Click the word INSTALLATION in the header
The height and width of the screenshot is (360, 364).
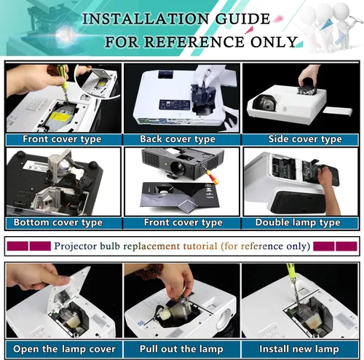point(146,19)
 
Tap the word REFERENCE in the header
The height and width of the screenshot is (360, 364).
point(194,42)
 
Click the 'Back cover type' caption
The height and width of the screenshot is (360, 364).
point(178,139)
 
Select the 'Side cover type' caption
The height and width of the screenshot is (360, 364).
point(305,139)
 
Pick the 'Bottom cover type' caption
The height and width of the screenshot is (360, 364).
point(58,222)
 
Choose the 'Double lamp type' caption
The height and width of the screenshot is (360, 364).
point(298,222)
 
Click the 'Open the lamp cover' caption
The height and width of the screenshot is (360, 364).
point(64,349)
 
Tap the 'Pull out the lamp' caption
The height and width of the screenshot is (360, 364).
point(181,349)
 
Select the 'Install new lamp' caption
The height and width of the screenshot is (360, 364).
point(299,349)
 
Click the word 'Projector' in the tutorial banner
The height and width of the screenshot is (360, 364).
point(76,246)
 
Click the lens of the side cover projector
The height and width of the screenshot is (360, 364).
point(265,103)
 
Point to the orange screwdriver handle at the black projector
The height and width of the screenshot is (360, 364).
point(212,176)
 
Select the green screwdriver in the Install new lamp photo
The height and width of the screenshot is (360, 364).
point(293,283)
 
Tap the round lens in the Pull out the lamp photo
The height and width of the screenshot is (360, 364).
point(224,319)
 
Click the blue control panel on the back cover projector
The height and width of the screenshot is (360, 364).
point(175,105)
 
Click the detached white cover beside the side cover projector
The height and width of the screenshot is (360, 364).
point(338,111)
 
